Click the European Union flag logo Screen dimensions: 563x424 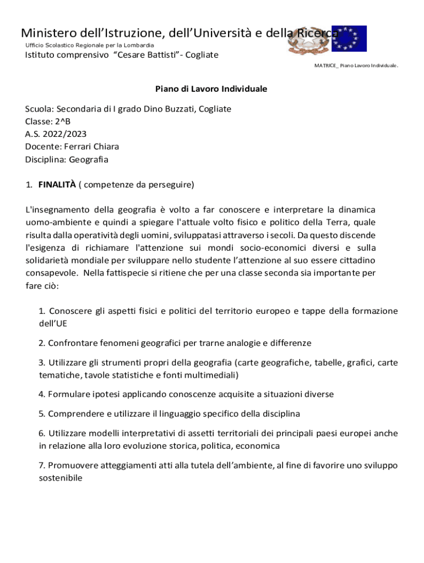(349, 38)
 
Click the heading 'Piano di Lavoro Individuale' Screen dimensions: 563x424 (211, 89)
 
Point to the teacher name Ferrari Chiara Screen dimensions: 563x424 (91, 147)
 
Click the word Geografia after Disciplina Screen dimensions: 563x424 (89, 159)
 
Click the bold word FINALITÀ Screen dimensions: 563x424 (57, 185)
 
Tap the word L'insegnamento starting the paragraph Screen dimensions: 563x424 (51, 209)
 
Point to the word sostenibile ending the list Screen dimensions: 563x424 (60, 478)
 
